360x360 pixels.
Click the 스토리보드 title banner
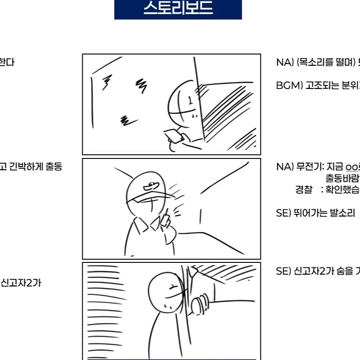pyautogui.click(x=178, y=9)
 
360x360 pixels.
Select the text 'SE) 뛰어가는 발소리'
pyautogui.click(x=315, y=213)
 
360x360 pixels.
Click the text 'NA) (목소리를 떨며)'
pyautogui.click(x=316, y=63)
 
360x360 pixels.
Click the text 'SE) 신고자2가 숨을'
pyautogui.click(x=314, y=271)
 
